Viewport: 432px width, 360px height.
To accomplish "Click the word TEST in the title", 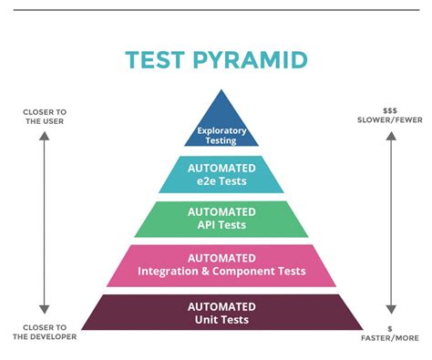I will pos(156,60).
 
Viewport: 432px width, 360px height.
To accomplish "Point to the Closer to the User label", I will pos(44,117).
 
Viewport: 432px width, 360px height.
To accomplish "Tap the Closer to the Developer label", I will pos(44,331).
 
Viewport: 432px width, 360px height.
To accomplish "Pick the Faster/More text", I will pos(390,336).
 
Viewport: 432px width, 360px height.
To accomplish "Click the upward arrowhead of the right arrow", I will pos(390,136).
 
